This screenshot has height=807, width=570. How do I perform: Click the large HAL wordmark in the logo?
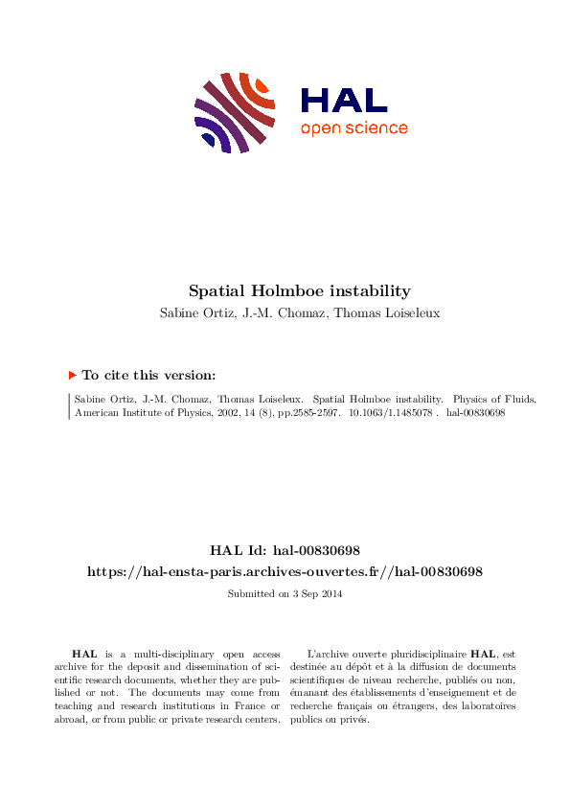point(344,100)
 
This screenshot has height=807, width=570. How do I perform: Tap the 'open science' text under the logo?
point(353,128)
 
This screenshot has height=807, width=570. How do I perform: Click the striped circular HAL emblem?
point(235,111)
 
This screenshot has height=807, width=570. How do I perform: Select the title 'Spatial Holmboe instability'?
point(285,290)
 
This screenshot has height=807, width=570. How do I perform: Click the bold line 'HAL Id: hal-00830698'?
point(285,550)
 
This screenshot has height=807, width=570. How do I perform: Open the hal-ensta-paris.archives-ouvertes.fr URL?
point(285,571)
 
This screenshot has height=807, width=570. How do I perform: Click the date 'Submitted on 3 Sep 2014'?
point(285,594)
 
